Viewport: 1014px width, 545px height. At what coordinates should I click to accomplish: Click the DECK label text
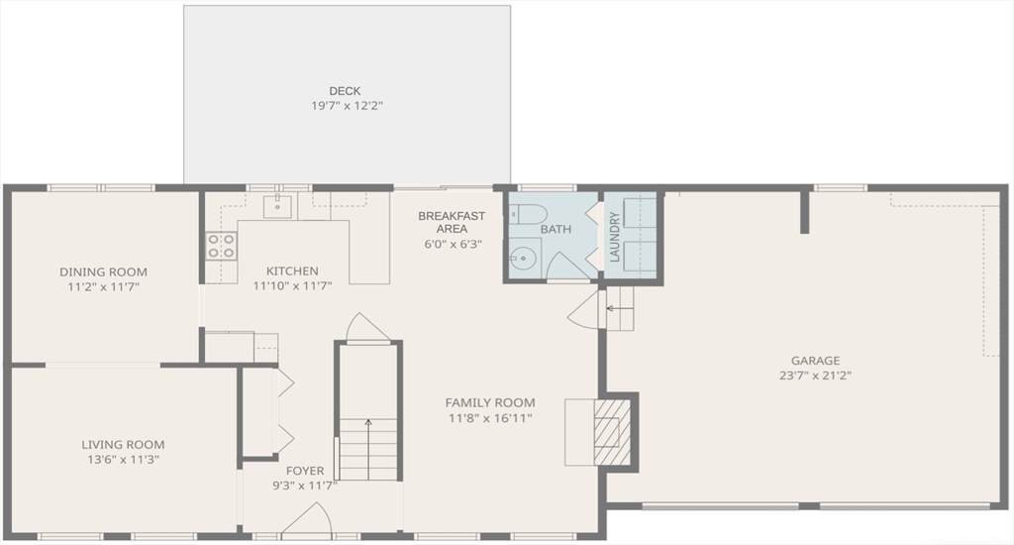point(345,91)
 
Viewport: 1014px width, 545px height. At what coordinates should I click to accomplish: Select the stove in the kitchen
point(221,245)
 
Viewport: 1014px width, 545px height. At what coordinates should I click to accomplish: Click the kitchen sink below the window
point(276,207)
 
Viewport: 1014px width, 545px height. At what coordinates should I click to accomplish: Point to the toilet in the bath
point(524,216)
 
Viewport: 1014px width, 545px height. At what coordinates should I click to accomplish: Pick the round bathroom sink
point(523,259)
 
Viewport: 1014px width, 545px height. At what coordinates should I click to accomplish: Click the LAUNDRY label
point(614,238)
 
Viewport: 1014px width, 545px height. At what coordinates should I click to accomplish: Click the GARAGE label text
point(815,361)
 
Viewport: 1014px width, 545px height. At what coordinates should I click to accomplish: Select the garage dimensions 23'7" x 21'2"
point(815,376)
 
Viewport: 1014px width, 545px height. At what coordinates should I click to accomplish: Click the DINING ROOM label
point(103,272)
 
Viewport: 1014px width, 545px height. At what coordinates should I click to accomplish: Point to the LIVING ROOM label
point(123,445)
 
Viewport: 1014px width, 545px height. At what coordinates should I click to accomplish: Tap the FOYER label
point(305,471)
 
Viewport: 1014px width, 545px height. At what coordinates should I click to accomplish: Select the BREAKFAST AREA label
point(452,222)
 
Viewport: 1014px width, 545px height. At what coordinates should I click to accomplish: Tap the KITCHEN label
point(292,272)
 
